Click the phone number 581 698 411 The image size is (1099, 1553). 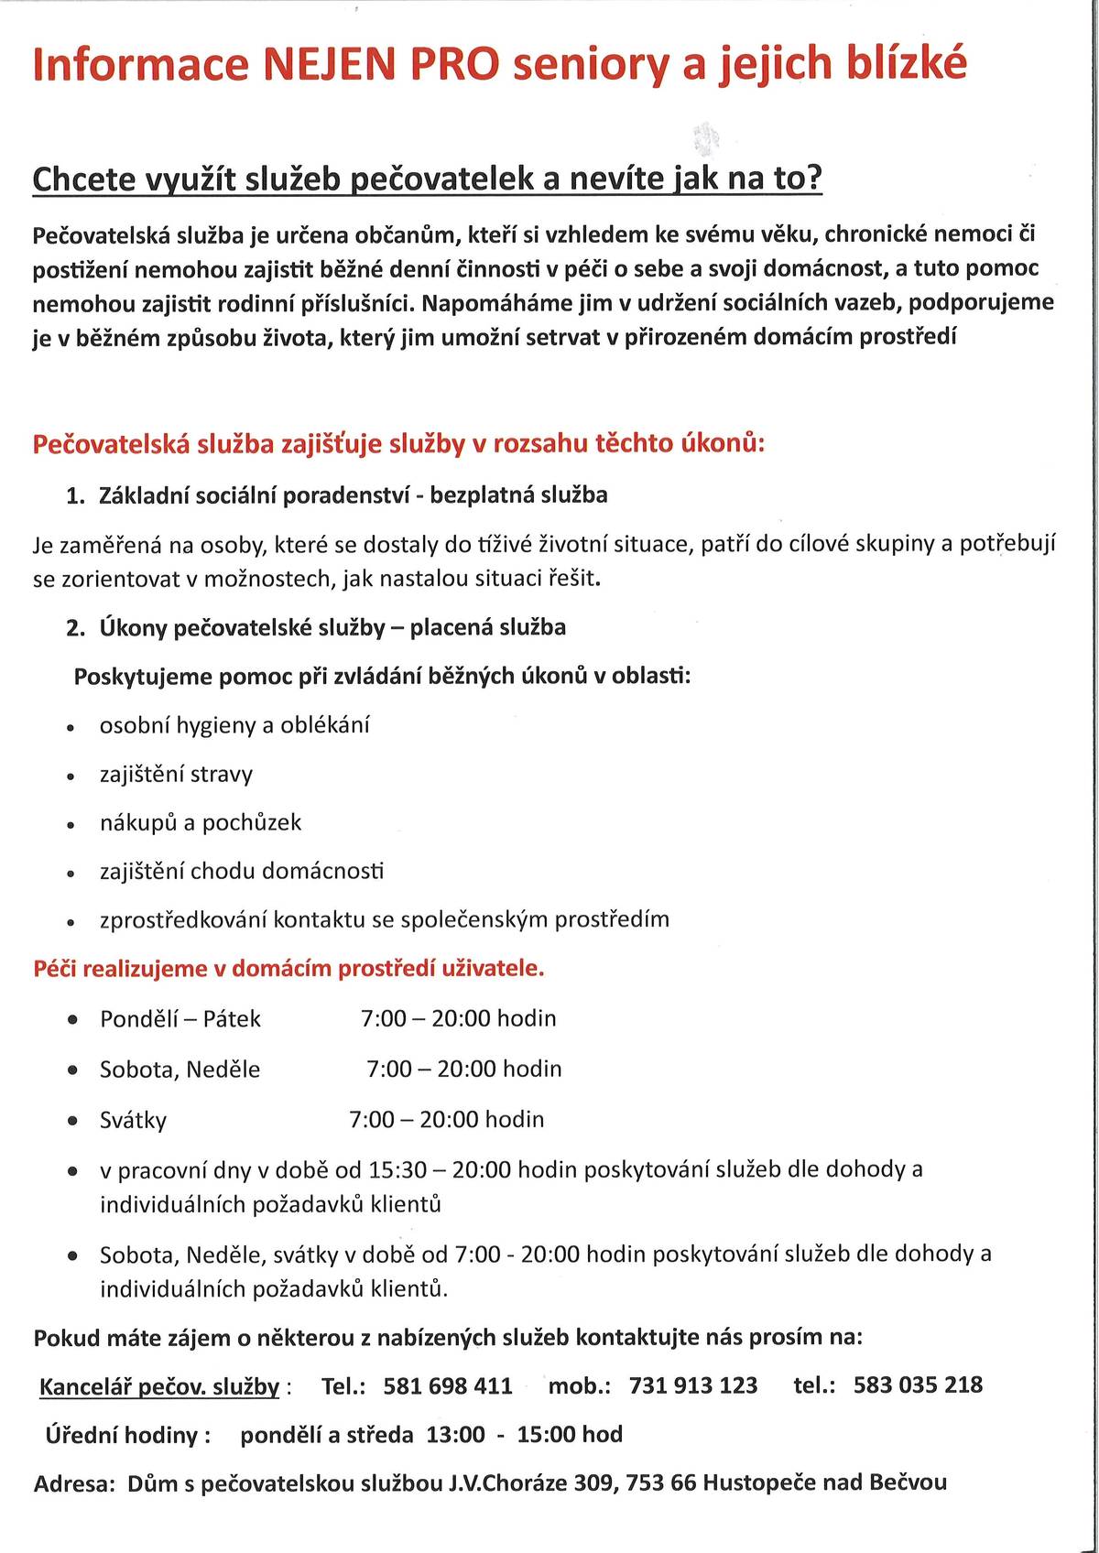pyautogui.click(x=448, y=1385)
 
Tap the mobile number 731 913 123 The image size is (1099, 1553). pyautogui.click(x=693, y=1385)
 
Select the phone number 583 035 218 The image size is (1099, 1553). pyautogui.click(x=918, y=1385)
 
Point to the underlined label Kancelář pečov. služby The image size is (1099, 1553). pyautogui.click(x=159, y=1387)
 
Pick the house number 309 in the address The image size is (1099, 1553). pyautogui.click(x=593, y=1482)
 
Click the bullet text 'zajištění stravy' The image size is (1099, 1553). pyautogui.click(x=176, y=775)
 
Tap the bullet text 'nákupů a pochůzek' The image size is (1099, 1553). pyautogui.click(x=201, y=823)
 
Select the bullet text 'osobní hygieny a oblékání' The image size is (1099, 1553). pyautogui.click(x=234, y=726)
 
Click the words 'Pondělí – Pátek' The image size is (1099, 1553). pyautogui.click(x=180, y=1019)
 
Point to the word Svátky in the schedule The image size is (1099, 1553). pyautogui.click(x=133, y=1120)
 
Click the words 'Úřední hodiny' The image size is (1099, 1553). pyautogui.click(x=122, y=1435)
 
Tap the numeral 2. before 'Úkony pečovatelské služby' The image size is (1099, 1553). pyautogui.click(x=76, y=628)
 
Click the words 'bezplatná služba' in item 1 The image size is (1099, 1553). pyautogui.click(x=518, y=495)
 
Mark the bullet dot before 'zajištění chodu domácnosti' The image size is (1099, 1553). pyautogui.click(x=71, y=874)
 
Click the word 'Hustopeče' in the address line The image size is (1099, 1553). pyautogui.click(x=758, y=1482)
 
